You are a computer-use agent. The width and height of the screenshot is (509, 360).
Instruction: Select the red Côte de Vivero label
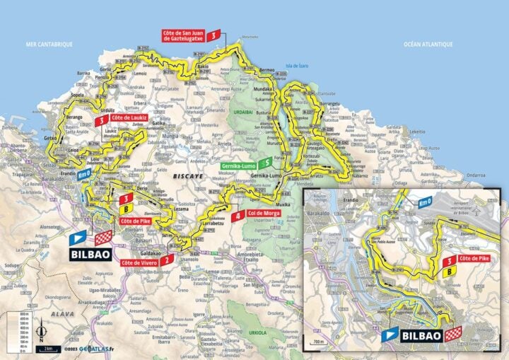pyautogui.click(x=137, y=262)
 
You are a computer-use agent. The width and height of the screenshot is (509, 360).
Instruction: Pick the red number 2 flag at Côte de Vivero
pyautogui.click(x=166, y=260)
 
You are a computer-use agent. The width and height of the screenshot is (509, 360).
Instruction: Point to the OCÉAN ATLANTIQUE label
pyautogui.click(x=428, y=45)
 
